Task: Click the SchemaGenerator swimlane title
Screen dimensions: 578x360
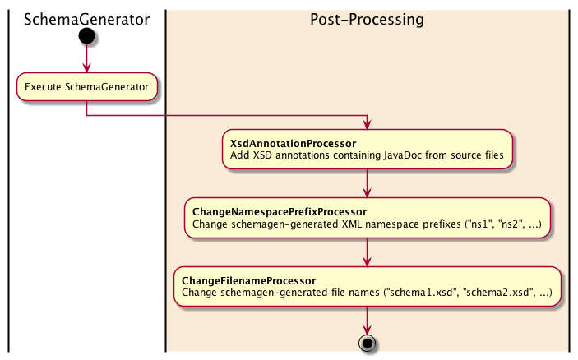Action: [x=86, y=20]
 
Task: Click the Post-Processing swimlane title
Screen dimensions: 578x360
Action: [x=367, y=20]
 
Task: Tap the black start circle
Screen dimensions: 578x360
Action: [x=86, y=36]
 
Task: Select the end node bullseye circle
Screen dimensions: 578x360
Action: [x=368, y=343]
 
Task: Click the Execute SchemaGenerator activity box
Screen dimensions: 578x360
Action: [x=86, y=87]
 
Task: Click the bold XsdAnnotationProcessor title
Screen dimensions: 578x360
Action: [x=293, y=144]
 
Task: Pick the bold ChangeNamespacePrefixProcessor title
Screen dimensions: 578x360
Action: [x=280, y=212]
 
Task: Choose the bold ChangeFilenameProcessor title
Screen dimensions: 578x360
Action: [x=249, y=281]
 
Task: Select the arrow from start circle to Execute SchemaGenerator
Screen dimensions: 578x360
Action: [x=86, y=58]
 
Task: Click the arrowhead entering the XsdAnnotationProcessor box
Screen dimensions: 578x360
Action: [x=368, y=125]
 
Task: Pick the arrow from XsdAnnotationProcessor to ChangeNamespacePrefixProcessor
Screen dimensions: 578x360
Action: [x=368, y=183]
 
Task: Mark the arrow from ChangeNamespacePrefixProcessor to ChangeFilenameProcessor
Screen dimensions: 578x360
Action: [x=368, y=252]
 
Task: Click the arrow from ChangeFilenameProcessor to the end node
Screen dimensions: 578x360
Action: [x=368, y=321]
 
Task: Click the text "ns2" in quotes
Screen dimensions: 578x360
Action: [x=511, y=224]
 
